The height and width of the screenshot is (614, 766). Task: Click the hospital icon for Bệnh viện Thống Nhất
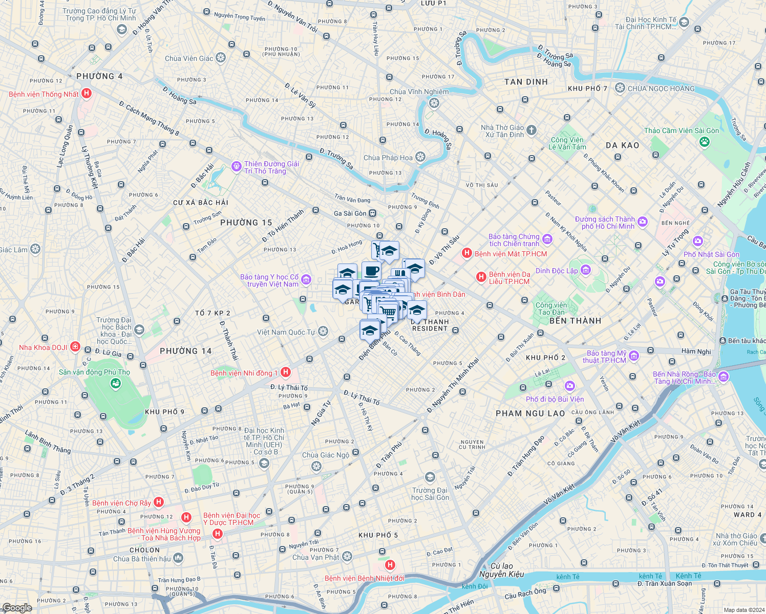click(x=87, y=94)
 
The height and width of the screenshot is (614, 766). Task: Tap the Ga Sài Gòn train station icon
click(x=373, y=213)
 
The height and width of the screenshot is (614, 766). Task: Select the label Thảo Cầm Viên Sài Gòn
click(x=681, y=131)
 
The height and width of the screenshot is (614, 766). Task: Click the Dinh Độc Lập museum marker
click(x=586, y=270)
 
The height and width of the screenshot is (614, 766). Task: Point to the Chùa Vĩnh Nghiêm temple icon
click(x=434, y=104)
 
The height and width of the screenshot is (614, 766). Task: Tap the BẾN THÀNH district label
click(x=575, y=321)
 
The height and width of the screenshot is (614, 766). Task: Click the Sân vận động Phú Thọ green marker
click(x=116, y=383)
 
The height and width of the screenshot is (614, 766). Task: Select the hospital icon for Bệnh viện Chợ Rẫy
click(x=159, y=502)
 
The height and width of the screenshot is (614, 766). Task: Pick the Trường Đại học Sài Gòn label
click(x=430, y=494)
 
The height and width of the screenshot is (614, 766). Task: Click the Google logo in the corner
click(x=17, y=607)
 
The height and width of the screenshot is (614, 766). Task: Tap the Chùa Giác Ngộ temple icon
click(x=316, y=466)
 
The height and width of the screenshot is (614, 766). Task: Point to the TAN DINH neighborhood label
click(x=526, y=82)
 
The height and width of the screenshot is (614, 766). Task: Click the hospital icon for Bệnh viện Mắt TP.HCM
click(x=466, y=253)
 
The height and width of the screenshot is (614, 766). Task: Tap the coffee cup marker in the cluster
click(x=371, y=271)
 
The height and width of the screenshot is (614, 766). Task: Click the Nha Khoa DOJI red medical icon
click(x=75, y=347)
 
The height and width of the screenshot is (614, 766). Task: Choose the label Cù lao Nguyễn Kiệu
click(x=501, y=570)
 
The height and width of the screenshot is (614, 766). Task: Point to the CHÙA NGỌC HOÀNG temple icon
click(x=620, y=88)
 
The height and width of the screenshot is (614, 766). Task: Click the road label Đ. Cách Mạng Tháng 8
click(x=149, y=119)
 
